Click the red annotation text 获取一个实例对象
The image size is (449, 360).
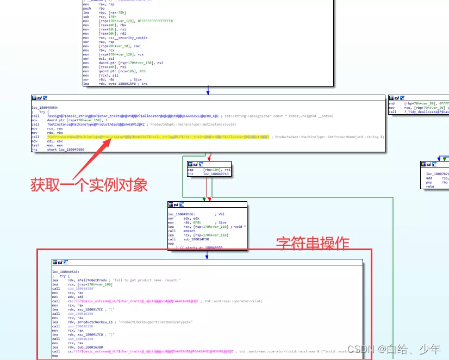tap(89, 185)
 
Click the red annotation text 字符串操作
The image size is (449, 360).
tap(313, 243)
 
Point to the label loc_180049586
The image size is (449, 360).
tap(183, 215)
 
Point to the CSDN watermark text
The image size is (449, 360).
tap(394, 349)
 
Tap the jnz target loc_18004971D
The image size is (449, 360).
tap(216, 174)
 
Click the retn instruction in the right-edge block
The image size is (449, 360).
tap(429, 187)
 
